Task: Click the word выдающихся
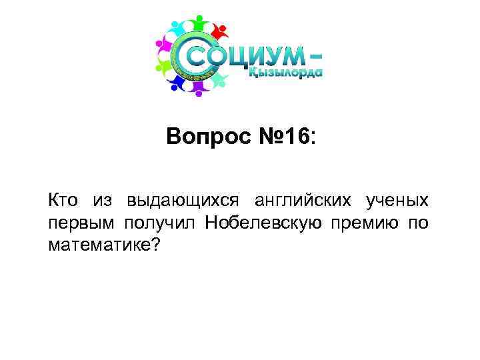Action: (x=173, y=201)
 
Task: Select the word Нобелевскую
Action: (x=266, y=223)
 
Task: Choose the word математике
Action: (x=99, y=246)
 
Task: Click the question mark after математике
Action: (x=156, y=246)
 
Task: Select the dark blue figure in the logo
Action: (x=175, y=81)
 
